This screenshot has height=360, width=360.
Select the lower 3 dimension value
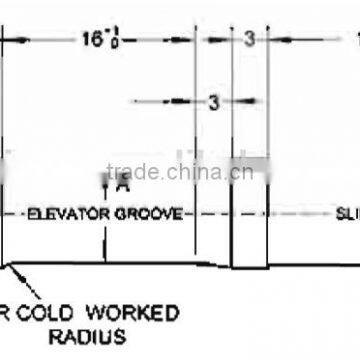pos(212,101)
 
